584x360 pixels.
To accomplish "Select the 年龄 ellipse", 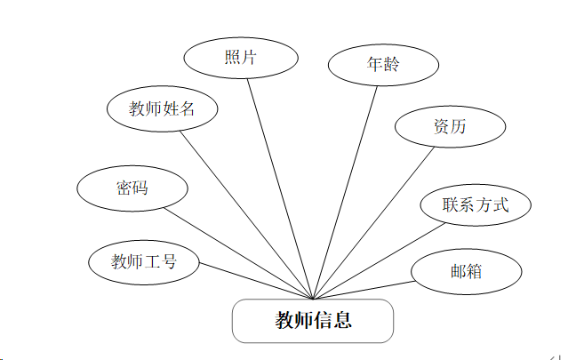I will (383, 64).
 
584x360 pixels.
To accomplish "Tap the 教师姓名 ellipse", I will (163, 109).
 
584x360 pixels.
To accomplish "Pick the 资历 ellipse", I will (450, 127).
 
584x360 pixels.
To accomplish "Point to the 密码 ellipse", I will (132, 188).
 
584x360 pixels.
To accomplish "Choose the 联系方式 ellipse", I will (476, 204).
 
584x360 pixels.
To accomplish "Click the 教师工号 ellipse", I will (144, 262).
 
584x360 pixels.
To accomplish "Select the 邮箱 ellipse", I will (466, 270).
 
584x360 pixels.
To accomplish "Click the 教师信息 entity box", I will (313, 321).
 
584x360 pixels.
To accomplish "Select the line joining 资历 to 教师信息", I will (373, 223).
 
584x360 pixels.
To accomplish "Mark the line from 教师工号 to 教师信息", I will (256, 281).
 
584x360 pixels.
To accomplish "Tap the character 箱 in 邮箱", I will (475, 270).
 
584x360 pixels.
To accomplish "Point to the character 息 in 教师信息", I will (343, 321).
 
